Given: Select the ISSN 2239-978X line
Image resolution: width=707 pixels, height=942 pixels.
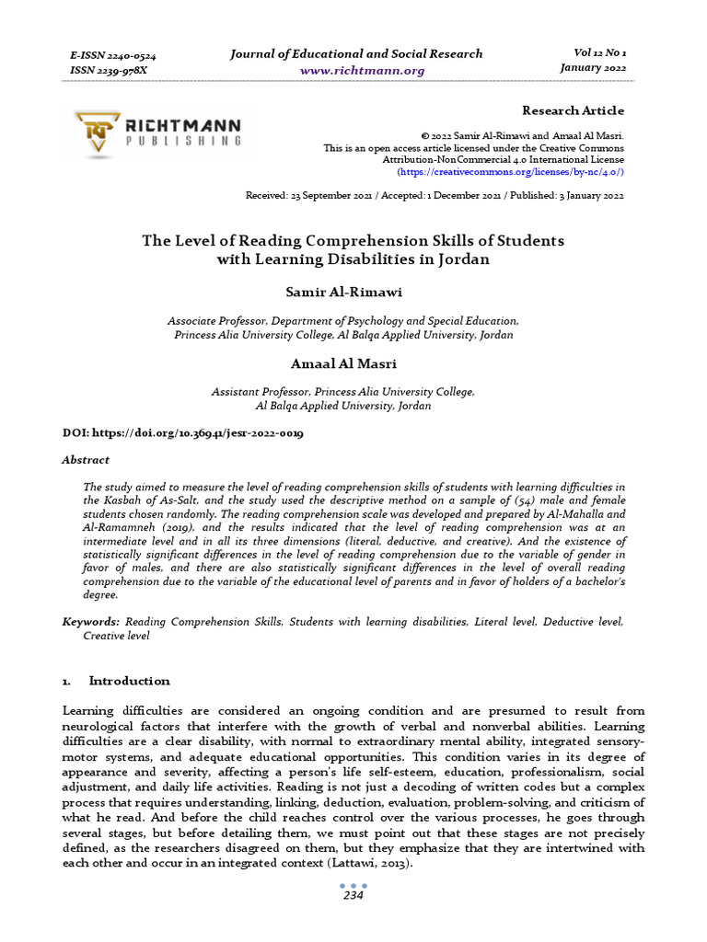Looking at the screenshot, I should click(109, 71).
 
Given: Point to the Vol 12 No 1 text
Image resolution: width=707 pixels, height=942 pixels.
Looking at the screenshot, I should click(594, 53).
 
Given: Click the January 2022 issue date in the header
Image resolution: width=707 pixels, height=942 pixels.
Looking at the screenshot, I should click(593, 69).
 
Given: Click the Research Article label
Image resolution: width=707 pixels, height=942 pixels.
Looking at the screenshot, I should click(573, 110).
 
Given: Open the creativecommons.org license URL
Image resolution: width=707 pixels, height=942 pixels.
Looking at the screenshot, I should click(511, 172).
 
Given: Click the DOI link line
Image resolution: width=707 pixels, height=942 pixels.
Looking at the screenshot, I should click(183, 432).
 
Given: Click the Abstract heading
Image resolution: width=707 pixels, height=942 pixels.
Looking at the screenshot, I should click(86, 460).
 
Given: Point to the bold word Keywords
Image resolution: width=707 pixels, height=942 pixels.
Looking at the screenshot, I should click(89, 623).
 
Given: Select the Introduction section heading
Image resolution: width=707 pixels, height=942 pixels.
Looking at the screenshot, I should click(129, 681).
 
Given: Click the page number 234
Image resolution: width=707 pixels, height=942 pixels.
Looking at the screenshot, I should click(353, 896).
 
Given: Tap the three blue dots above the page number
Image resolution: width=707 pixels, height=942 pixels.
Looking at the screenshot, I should click(353, 886).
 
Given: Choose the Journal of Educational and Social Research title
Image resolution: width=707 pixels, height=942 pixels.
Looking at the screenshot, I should click(356, 53).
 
